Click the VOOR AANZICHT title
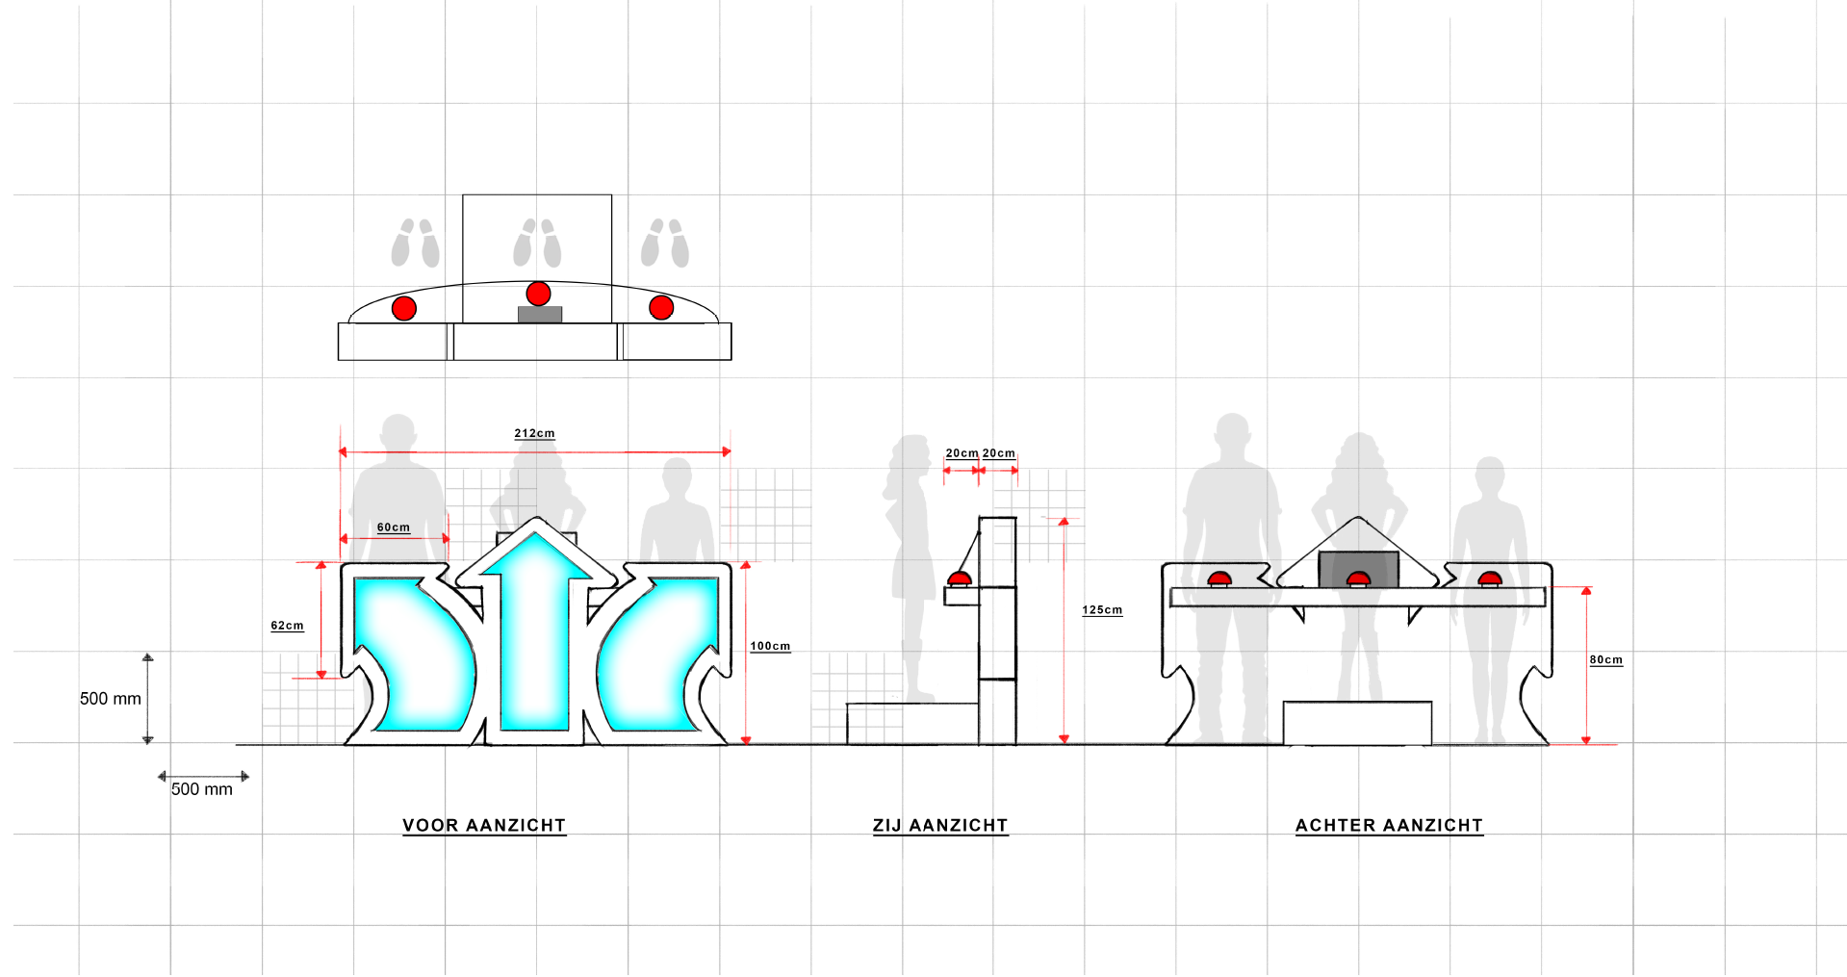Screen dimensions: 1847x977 483,825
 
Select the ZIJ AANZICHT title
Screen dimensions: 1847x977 939,825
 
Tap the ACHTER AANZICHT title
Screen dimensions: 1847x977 1389,825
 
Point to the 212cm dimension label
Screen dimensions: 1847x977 534,433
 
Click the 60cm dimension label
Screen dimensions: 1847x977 393,527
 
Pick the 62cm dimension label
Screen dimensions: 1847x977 287,626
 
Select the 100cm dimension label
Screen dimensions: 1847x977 770,646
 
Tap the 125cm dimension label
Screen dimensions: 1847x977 1102,610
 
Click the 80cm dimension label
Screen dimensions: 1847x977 1605,659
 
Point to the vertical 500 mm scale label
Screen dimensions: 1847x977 110,699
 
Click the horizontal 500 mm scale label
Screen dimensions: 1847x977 201,789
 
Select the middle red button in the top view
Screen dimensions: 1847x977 538,294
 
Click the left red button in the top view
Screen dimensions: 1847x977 404,308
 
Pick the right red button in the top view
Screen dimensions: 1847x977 661,307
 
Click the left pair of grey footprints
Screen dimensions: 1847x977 415,243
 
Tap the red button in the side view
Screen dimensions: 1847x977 960,578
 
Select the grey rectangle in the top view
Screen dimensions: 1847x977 540,314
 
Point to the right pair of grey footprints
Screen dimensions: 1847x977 665,243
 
